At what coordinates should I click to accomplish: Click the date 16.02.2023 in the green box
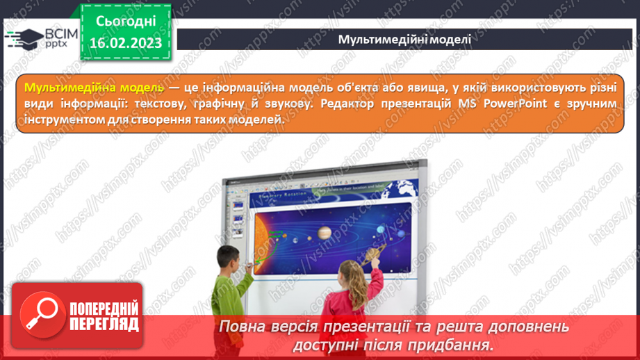[126, 43]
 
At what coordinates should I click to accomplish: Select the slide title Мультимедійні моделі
[404, 39]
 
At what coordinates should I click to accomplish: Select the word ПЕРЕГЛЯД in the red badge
[105, 324]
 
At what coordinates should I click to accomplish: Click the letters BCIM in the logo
[61, 33]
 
